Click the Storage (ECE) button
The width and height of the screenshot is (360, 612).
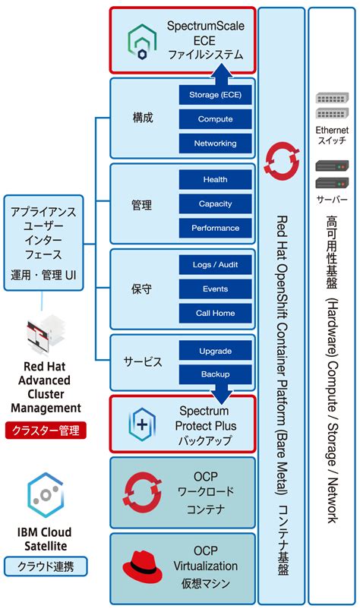click(215, 95)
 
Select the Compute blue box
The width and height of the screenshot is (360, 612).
click(215, 119)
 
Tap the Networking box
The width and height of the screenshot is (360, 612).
click(215, 144)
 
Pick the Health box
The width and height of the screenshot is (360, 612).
click(215, 180)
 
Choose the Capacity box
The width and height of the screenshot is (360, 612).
click(215, 204)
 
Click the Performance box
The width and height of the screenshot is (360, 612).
click(215, 229)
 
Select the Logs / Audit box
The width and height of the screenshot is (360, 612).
click(215, 264)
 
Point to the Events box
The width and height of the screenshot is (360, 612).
click(215, 289)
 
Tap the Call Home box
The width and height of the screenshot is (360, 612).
click(215, 313)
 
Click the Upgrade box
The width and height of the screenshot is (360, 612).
click(215, 351)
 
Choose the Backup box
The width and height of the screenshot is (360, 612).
click(215, 374)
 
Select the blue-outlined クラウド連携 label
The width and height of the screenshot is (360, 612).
click(46, 566)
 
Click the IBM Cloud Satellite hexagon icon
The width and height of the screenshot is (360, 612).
click(46, 494)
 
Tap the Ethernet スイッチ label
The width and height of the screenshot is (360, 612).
click(331, 136)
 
